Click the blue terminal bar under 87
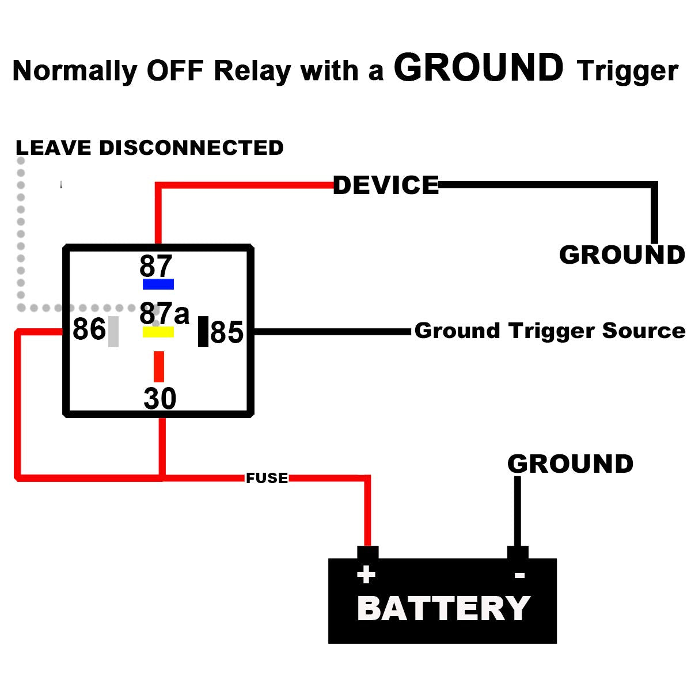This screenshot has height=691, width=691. (158, 284)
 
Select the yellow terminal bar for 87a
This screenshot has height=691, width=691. (158, 332)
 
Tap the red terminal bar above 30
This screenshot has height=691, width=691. (159, 367)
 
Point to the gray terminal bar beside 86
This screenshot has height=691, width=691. (113, 331)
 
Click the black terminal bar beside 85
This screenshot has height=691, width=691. (203, 332)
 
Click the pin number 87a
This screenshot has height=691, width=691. (164, 314)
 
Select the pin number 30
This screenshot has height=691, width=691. (160, 398)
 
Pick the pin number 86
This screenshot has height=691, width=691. (89, 330)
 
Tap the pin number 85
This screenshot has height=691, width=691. (227, 333)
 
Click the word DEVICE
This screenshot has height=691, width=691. (386, 185)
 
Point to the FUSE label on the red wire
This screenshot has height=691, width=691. (267, 478)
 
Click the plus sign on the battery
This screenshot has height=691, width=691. (366, 575)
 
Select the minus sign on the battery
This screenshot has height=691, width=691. (519, 575)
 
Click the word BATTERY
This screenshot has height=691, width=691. (443, 609)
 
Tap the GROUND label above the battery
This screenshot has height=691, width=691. (570, 464)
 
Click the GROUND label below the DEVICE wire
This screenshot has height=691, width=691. (622, 255)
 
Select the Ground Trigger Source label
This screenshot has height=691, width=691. (549, 331)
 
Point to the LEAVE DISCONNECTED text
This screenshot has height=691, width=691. (150, 148)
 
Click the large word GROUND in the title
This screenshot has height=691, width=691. (479, 68)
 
